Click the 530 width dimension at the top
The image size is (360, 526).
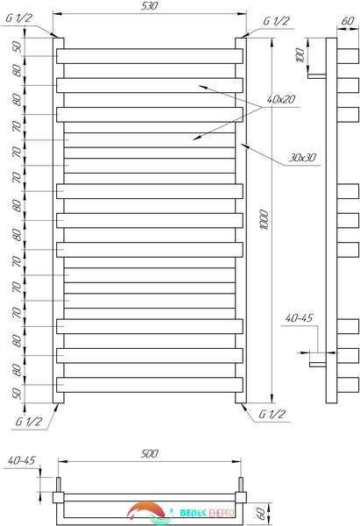tap(149, 6)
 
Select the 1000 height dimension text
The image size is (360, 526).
tap(265, 220)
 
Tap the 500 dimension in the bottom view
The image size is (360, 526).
tap(149, 453)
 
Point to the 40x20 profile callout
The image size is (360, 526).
tap(281, 99)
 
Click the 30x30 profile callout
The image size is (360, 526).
tap(302, 157)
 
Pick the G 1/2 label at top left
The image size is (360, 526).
tap(18, 18)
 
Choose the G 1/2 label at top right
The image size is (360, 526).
tap(276, 21)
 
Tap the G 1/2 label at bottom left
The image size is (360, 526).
tap(29, 422)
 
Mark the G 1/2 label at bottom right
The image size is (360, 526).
tap(272, 415)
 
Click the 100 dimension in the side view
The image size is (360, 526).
tap(300, 55)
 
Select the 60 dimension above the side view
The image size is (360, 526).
tap(348, 21)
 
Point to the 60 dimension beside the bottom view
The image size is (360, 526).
tap(260, 513)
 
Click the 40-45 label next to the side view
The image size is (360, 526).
tap(299, 318)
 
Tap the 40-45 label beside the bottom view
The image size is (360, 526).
tap(21, 460)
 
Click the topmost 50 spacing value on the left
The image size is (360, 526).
tap(17, 46)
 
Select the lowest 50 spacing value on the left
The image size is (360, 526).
tap(17, 393)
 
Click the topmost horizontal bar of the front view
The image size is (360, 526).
tap(150, 56)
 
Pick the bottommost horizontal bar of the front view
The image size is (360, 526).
tap(150, 385)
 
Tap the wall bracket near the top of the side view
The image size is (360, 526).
tap(317, 76)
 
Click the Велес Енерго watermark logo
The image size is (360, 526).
tap(180, 513)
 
